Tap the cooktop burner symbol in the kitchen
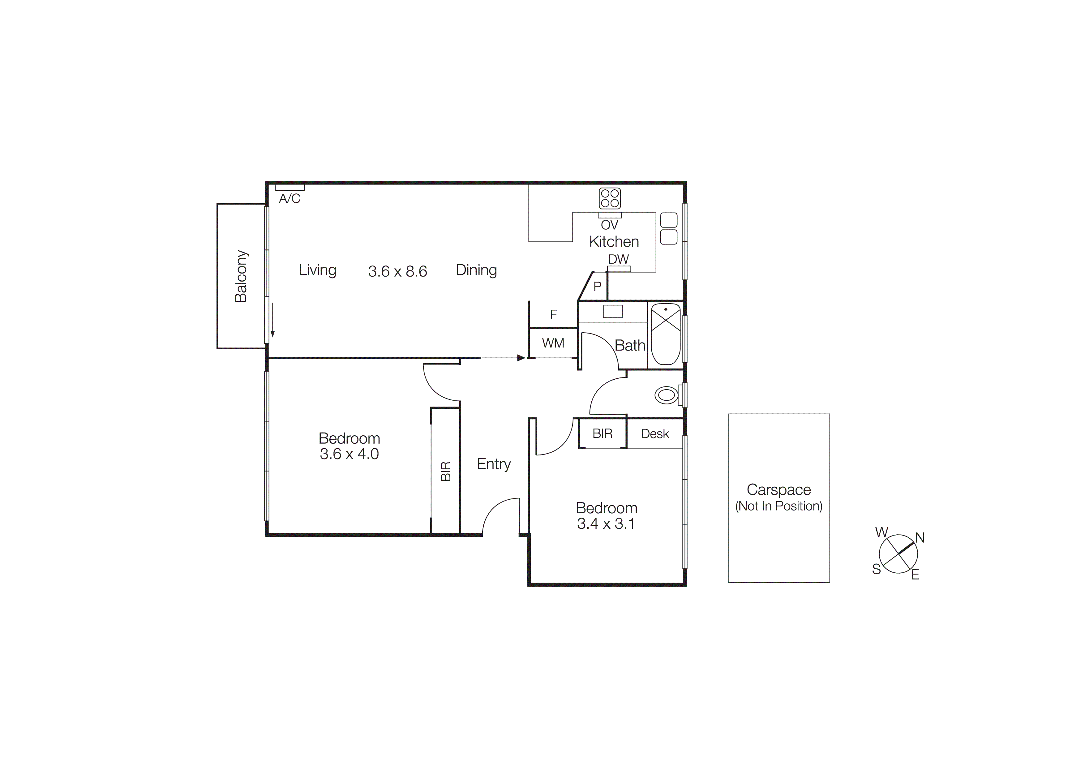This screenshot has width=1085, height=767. (x=610, y=199)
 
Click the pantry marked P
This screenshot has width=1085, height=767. (x=597, y=287)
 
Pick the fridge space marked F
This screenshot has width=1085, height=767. (x=553, y=314)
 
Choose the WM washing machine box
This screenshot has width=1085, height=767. (x=553, y=343)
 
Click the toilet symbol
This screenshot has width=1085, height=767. (x=666, y=395)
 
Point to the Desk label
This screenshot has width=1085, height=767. (x=655, y=434)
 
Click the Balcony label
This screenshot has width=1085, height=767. (x=241, y=277)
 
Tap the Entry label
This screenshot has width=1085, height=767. (x=494, y=464)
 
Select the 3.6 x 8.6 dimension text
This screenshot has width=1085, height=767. (x=397, y=271)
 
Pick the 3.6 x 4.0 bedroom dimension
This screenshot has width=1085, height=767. (x=349, y=454)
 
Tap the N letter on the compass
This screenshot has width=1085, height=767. (x=920, y=538)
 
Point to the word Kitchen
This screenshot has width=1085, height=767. (x=614, y=242)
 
